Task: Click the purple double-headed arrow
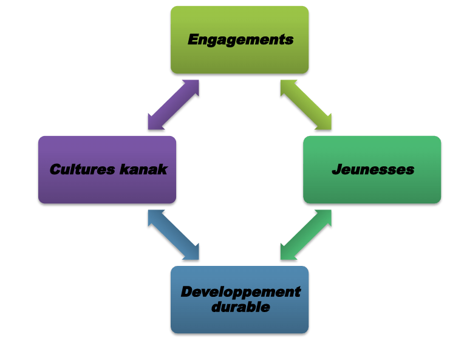coord(173,104)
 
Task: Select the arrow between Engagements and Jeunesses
coord(306,104)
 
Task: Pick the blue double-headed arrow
coord(173,235)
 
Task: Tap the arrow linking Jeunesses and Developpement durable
coord(306,235)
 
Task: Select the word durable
coord(241,307)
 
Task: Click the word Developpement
coord(241,292)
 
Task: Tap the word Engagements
coord(241,40)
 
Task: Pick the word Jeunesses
coord(373,169)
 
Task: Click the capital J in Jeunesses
coord(336,169)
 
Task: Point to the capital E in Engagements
coord(194,40)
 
